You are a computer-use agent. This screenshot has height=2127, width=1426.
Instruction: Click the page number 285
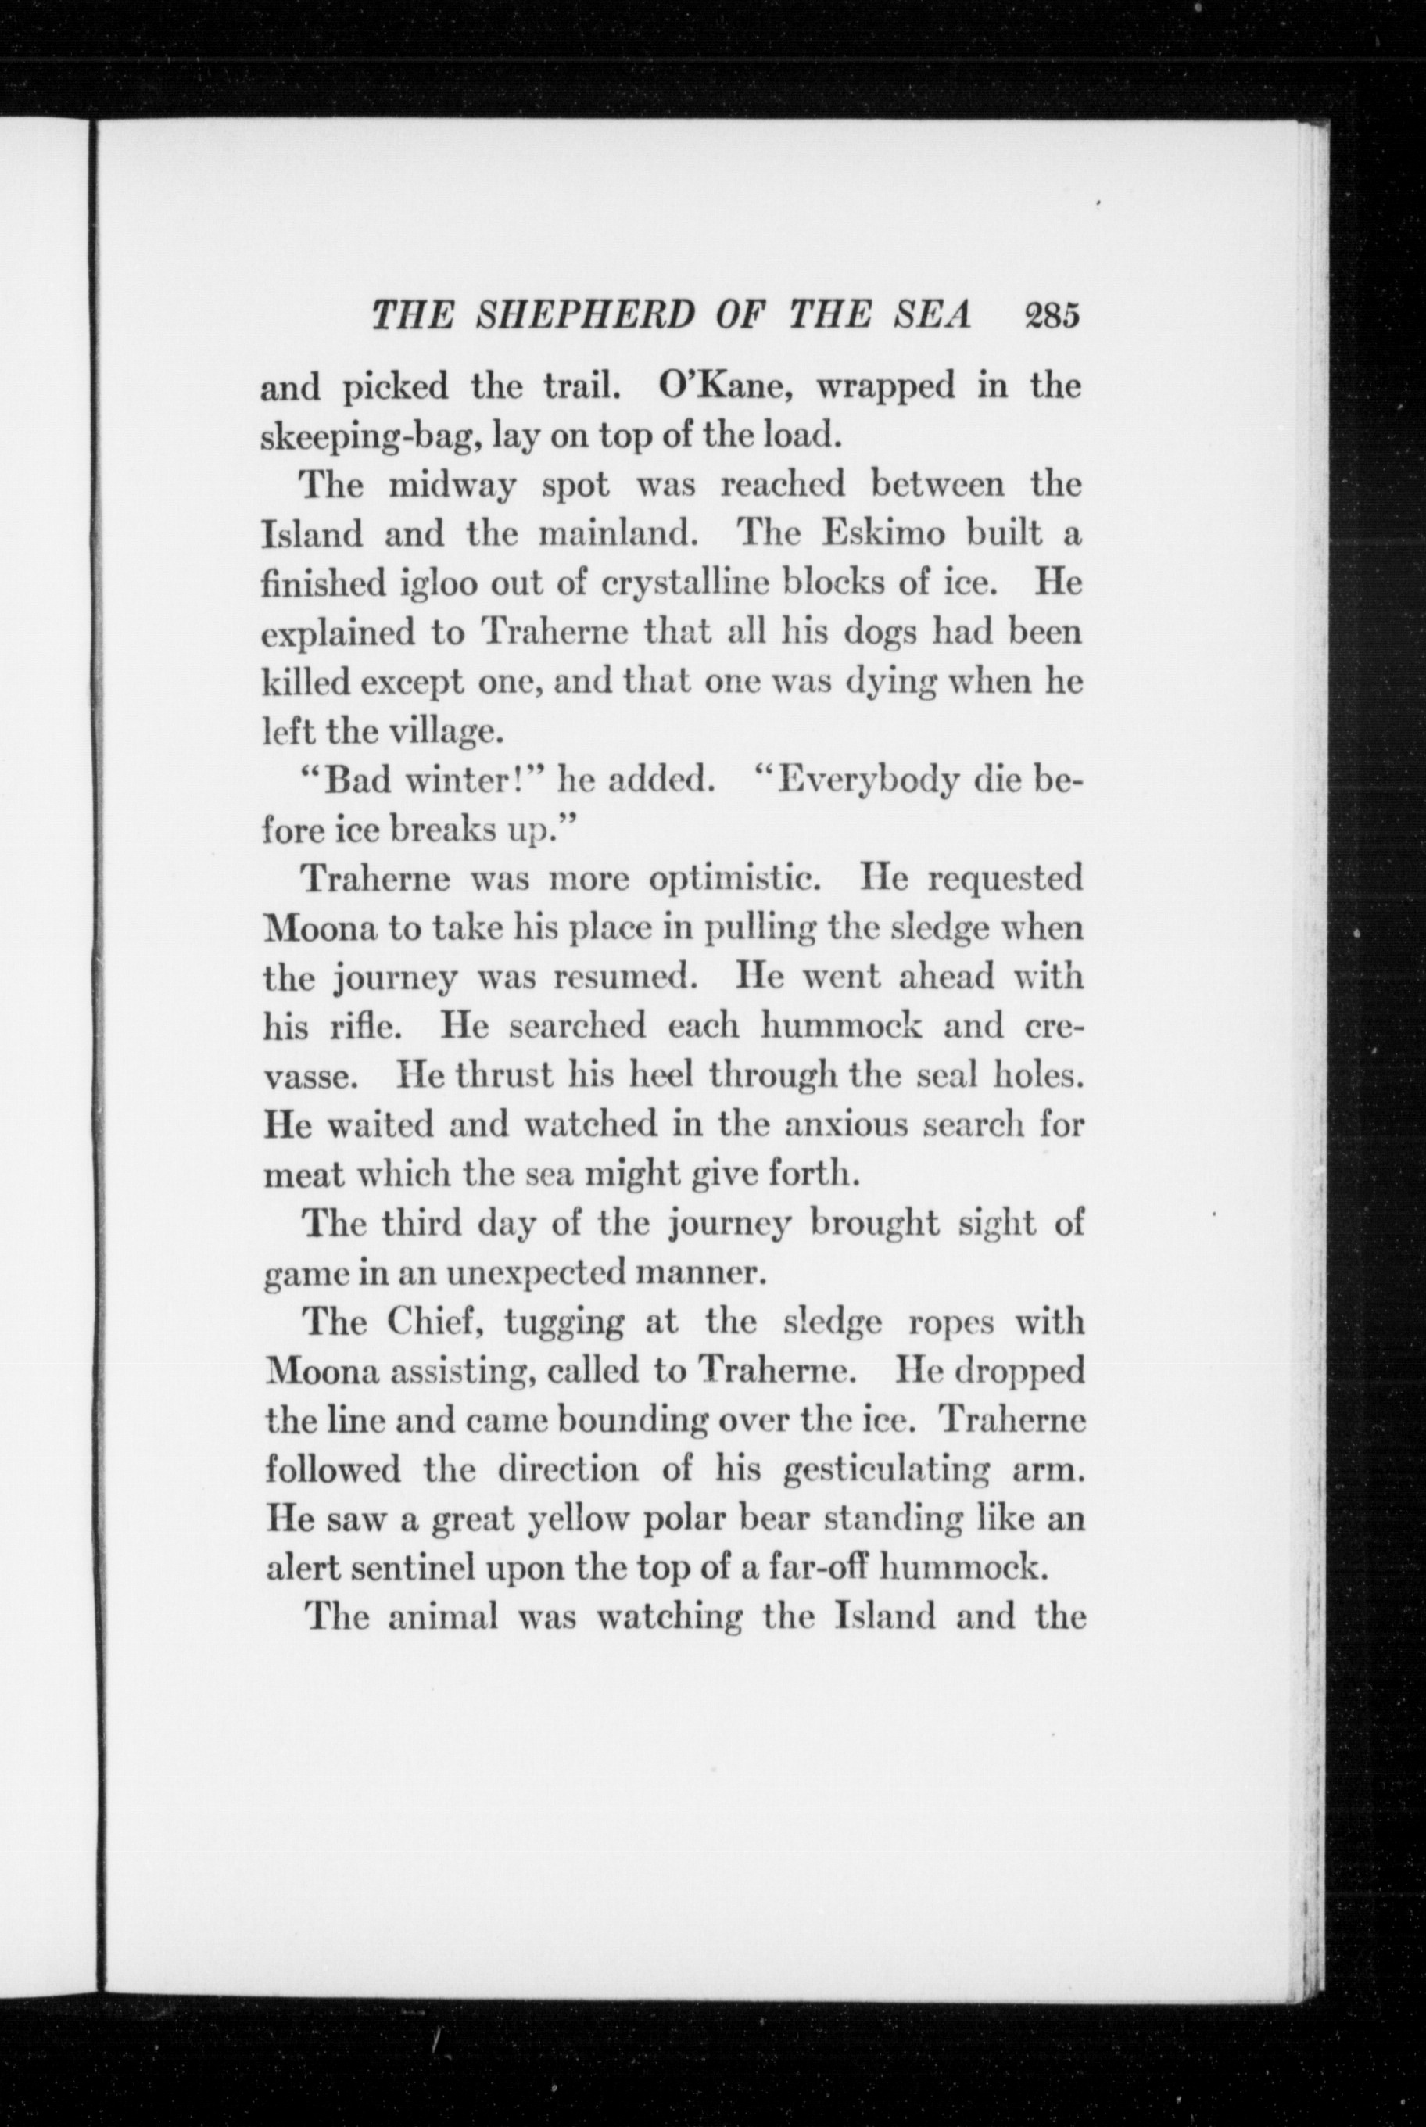click(1052, 316)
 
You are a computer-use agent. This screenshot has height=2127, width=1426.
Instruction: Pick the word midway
click(452, 486)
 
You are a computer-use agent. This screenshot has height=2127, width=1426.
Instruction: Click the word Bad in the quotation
click(358, 781)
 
